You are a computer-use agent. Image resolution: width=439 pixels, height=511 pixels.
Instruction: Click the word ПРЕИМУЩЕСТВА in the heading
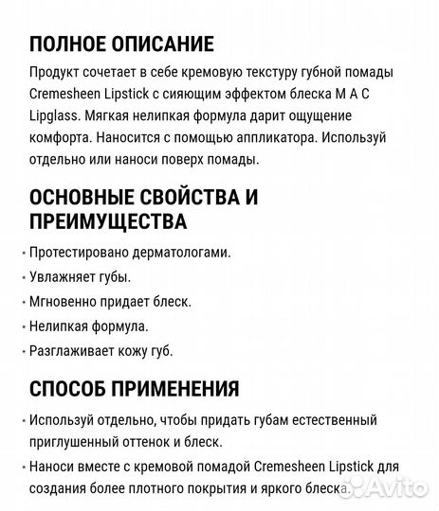[108, 221]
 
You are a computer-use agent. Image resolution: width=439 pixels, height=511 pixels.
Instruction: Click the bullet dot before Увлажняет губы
[21, 278]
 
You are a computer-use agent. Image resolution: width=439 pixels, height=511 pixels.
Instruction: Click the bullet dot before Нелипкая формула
[21, 327]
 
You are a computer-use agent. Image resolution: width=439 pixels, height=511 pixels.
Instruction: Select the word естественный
[329, 419]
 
